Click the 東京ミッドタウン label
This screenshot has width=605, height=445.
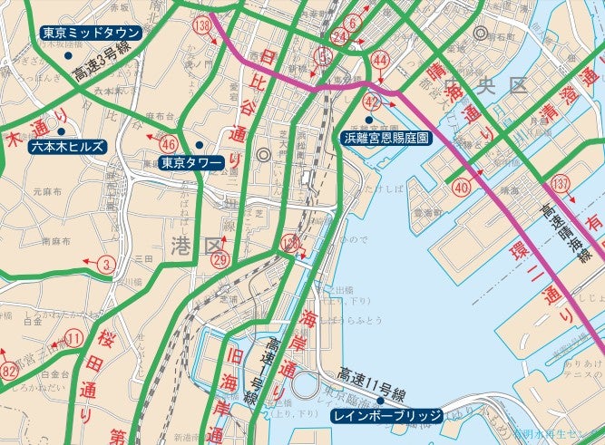coord(92,34)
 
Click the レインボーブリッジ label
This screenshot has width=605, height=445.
coord(386,416)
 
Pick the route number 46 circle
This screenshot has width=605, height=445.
coord(168,143)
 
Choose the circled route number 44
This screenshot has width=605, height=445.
coord(380,61)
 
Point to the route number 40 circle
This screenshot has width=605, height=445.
coord(462,189)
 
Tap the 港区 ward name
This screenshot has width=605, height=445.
coord(195,244)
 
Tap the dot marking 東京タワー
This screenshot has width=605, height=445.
coord(199,145)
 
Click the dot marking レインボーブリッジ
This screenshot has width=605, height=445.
coord(381,399)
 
